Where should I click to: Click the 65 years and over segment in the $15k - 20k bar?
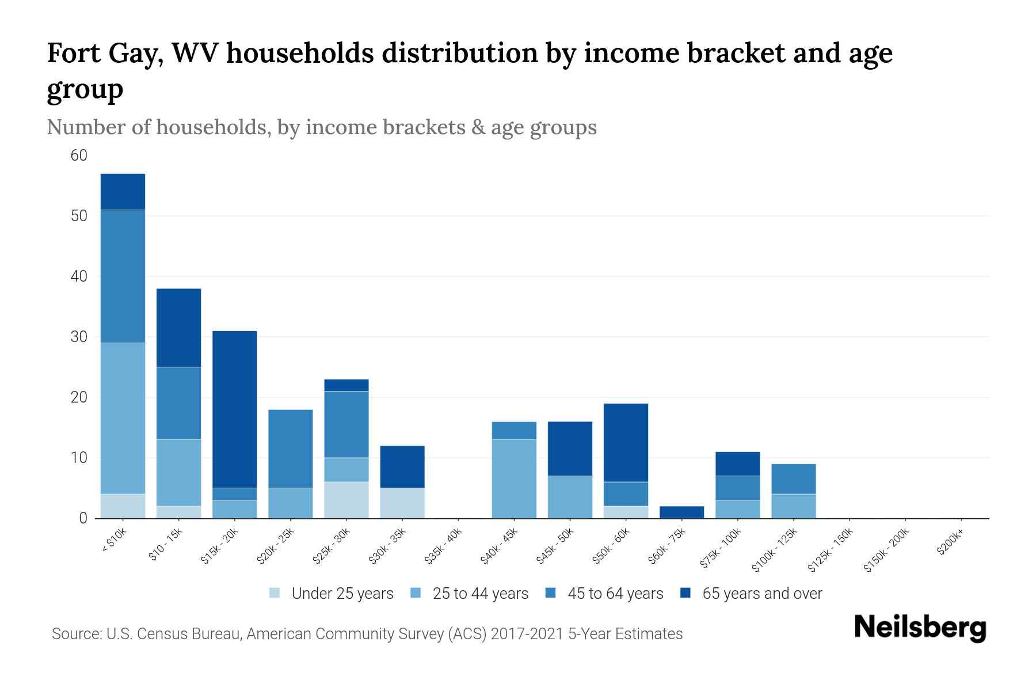pos(234,409)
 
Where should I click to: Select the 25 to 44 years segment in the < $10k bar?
pos(123,418)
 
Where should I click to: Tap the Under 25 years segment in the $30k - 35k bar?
pos(402,503)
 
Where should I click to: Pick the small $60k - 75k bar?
pos(681,512)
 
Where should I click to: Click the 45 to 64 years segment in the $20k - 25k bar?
pos(291,449)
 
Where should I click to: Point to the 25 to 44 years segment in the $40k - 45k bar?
pos(514,479)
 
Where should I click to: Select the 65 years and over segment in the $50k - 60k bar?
pos(626,442)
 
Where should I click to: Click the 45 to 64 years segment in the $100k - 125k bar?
pos(793,479)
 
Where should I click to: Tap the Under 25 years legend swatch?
pos(275,593)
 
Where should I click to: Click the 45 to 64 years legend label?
pos(615,593)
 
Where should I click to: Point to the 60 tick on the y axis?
pos(79,155)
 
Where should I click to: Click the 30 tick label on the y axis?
pos(79,337)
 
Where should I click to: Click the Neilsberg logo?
pos(920,628)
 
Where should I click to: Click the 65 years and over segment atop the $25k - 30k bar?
pos(346,385)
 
